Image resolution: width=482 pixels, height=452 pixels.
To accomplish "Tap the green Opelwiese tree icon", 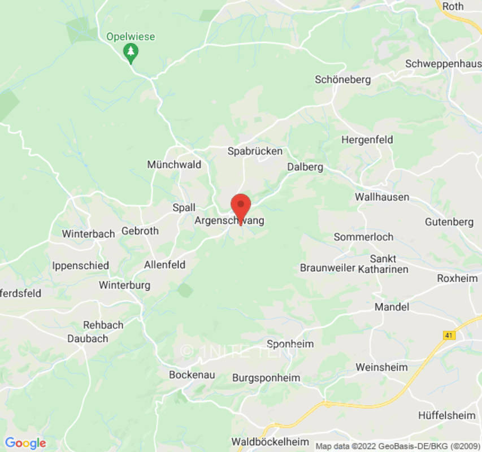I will [x=131, y=53].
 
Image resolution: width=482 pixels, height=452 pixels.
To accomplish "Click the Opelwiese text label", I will [x=131, y=37].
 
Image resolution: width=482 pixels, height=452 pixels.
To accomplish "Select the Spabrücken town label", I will [x=255, y=151].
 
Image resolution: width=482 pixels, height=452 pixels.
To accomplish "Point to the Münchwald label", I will [x=174, y=164].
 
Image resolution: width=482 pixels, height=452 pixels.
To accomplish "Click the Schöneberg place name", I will [x=342, y=80].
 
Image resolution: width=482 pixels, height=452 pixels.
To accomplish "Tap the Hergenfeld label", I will [x=367, y=140].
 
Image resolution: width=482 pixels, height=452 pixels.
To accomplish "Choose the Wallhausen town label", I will [x=382, y=197].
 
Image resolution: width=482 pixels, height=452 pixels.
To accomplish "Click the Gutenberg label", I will [x=449, y=222].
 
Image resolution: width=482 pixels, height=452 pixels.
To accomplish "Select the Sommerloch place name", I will [x=363, y=237].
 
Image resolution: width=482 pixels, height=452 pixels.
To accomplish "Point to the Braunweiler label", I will [x=327, y=267].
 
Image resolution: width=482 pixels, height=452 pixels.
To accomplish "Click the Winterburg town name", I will [x=124, y=285].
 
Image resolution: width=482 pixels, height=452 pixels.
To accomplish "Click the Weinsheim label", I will [x=381, y=367].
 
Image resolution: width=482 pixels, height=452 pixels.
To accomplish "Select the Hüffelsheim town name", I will [x=446, y=415].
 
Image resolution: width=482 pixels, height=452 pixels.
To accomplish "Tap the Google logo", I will [x=25, y=443].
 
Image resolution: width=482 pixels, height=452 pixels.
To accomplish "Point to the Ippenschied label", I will [x=80, y=266].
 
